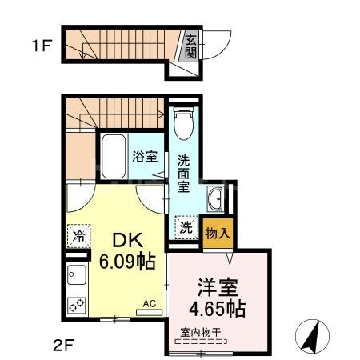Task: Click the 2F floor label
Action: click(63, 346)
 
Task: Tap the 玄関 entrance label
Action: click(191, 46)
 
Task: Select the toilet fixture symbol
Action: click(182, 123)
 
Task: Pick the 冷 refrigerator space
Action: click(79, 236)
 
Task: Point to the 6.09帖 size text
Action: click(126, 262)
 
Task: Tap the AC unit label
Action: click(148, 302)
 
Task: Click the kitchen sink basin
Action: click(76, 275)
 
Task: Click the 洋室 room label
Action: click(218, 286)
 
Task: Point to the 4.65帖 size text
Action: click(218, 308)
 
